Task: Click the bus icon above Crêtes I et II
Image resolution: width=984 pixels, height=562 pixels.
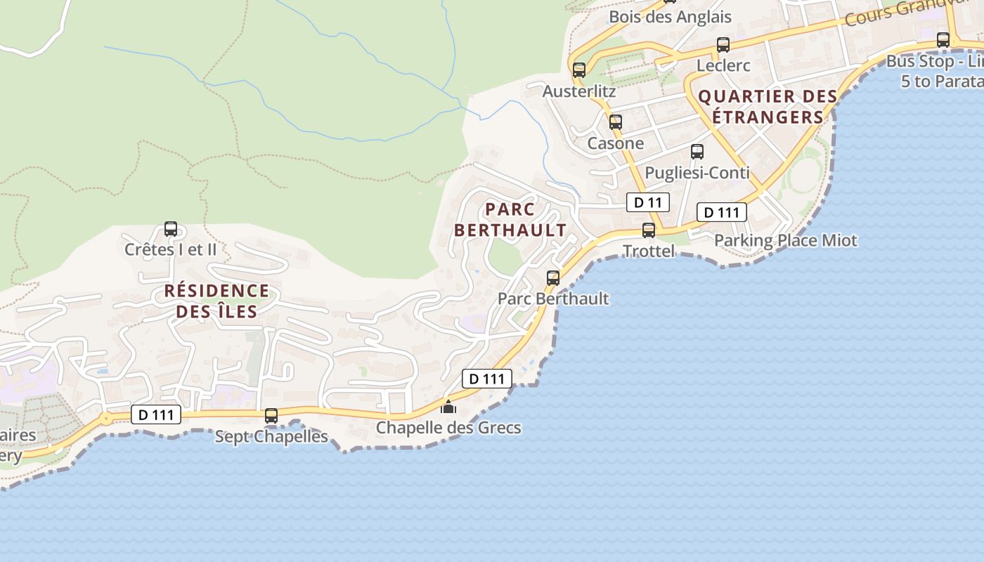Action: tap(171, 228)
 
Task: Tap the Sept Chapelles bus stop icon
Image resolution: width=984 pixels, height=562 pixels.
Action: tap(271, 415)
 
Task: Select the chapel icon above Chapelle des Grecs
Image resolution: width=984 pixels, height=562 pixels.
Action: tap(448, 407)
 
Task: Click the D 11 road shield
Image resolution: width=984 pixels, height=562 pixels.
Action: tap(647, 202)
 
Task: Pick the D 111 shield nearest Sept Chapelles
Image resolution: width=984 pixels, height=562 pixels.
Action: tap(156, 414)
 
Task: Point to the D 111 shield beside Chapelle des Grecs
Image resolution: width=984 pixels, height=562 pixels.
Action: tap(486, 379)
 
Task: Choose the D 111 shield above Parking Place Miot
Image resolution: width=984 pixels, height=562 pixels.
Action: tap(721, 212)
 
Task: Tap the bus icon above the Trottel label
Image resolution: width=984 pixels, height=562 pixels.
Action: tap(649, 230)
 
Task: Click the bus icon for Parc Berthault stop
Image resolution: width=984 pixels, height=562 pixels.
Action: tap(553, 277)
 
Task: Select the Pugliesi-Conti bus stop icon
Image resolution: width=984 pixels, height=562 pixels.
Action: tap(697, 151)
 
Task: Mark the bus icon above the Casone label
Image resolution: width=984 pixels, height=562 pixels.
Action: tap(616, 122)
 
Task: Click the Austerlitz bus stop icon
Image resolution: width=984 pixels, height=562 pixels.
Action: tap(579, 70)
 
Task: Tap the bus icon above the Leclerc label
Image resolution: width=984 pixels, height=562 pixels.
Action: tap(723, 45)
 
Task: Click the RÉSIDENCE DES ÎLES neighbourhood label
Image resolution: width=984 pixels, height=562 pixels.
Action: tap(216, 301)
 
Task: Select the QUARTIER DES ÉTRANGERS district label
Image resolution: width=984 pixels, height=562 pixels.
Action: tap(768, 106)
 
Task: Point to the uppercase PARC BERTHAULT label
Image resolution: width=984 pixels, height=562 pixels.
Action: tap(510, 219)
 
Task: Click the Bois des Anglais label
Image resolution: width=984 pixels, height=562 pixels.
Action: tap(670, 17)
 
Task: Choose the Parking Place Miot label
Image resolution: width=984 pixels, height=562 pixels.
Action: tap(785, 240)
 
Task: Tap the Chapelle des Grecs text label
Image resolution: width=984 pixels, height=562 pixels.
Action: tap(448, 427)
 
